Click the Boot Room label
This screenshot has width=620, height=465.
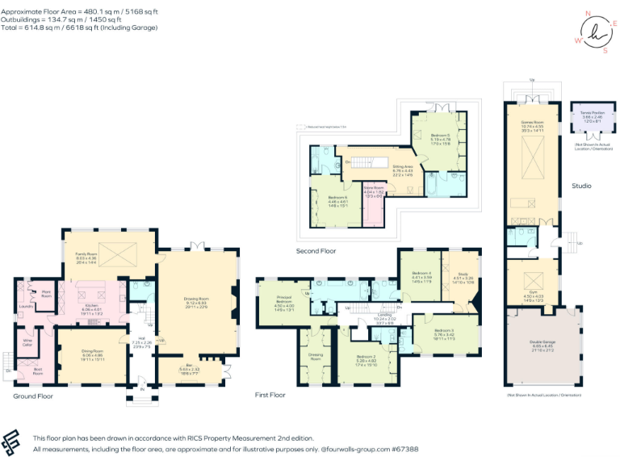click(37, 372)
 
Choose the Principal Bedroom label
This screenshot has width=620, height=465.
click(284, 302)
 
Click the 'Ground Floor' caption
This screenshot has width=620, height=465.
click(33, 396)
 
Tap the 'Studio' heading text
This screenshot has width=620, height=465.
click(581, 186)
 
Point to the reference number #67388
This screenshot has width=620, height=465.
click(404, 448)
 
